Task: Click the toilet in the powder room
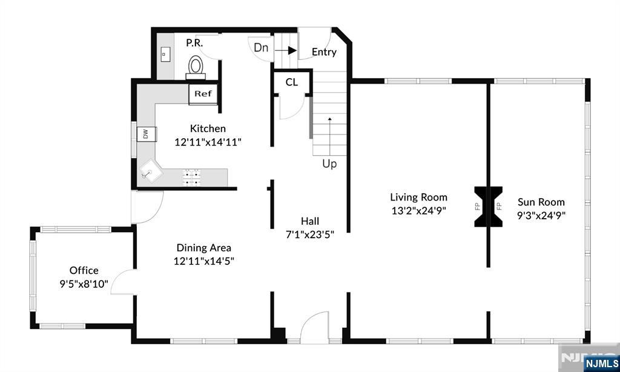coord(196,67)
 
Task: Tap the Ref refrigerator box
coord(203,94)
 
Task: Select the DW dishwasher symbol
coord(147,134)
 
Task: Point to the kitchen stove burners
coord(191,177)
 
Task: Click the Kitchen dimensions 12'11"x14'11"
coord(208,142)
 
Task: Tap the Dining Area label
coord(203,248)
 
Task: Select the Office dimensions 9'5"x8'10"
coord(84,284)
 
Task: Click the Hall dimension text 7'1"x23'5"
coord(310,234)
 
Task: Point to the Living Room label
coord(419,197)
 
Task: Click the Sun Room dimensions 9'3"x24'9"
coord(541,215)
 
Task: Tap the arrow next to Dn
coord(286,50)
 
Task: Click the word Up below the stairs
coord(329,164)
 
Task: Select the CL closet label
coord(292,82)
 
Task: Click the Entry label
coord(325,52)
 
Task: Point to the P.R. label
coord(194,43)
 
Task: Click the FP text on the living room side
coord(477,206)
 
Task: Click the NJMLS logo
coord(601,364)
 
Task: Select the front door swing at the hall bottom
coord(315,327)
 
